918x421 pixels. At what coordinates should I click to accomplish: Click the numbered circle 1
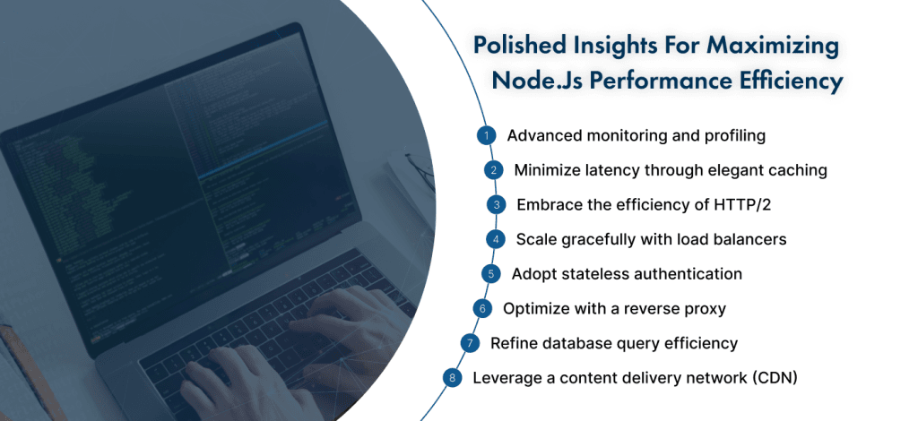click(x=485, y=136)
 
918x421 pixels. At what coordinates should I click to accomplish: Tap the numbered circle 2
click(x=492, y=170)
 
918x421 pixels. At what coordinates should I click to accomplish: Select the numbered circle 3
click(x=496, y=205)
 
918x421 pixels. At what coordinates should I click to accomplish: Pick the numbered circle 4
click(x=495, y=239)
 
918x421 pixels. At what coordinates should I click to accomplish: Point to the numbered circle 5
click(x=489, y=274)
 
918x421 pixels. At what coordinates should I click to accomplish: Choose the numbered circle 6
click(x=481, y=309)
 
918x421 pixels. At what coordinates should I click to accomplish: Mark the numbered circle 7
click(x=469, y=343)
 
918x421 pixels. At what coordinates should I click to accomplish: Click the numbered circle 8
click(x=453, y=378)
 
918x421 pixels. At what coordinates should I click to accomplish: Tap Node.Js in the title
click(x=533, y=82)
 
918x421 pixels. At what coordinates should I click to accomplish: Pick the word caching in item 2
click(x=795, y=170)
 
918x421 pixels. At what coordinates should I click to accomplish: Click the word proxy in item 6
click(x=704, y=309)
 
